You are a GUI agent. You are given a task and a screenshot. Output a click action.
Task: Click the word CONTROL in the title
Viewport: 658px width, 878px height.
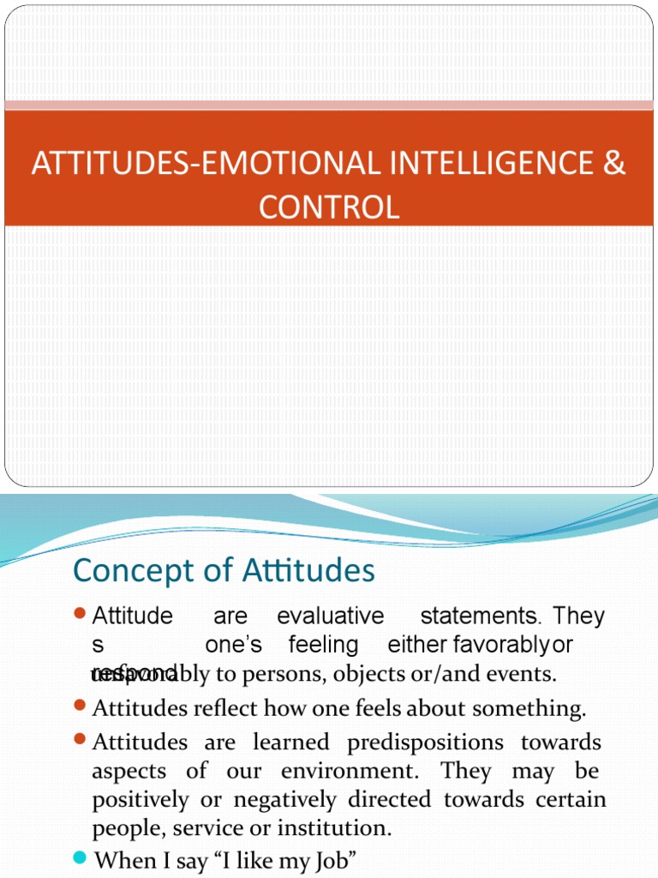click(329, 207)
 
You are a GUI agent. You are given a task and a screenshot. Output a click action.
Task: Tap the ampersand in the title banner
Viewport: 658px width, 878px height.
click(613, 164)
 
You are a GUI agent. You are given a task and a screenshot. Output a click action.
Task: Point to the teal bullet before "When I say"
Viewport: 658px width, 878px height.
click(81, 857)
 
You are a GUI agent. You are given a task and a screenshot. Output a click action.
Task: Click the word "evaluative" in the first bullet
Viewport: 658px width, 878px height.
click(331, 616)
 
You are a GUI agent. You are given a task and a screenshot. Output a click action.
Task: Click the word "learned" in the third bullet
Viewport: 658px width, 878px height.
click(294, 742)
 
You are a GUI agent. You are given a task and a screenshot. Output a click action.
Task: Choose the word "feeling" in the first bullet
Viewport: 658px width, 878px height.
click(323, 645)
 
